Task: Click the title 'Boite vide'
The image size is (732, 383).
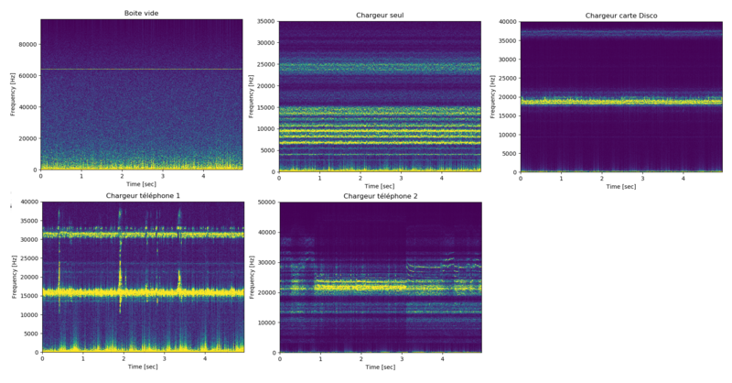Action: (141, 13)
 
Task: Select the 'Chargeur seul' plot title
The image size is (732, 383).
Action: (380, 16)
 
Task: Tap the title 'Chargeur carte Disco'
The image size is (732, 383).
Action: (621, 16)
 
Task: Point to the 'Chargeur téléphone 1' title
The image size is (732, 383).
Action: (143, 196)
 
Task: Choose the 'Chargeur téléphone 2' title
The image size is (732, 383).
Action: (380, 196)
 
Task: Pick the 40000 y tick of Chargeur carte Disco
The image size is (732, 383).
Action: (505, 22)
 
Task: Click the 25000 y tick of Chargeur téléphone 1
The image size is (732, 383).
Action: (27, 258)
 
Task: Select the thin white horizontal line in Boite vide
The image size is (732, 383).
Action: (141, 69)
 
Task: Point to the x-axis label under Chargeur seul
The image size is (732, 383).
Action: (380, 187)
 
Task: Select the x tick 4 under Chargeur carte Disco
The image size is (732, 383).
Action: (683, 178)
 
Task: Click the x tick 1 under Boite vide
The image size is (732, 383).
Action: (81, 176)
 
